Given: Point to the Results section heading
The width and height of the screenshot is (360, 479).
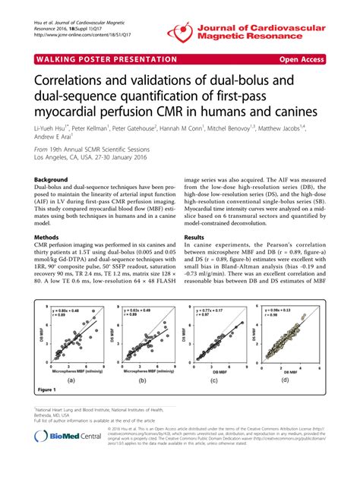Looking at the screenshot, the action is [199, 238].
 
